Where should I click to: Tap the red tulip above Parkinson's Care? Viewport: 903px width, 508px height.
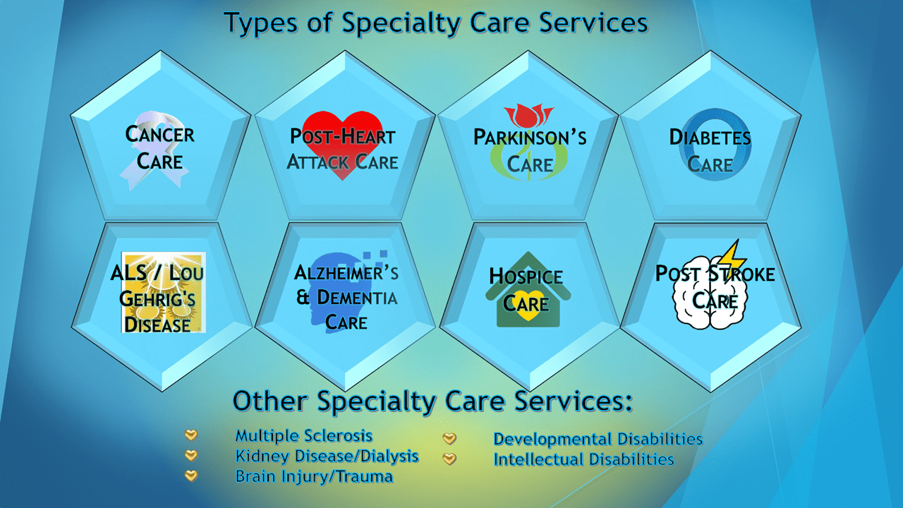click(x=528, y=115)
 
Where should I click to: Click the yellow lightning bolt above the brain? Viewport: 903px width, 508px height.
click(x=732, y=256)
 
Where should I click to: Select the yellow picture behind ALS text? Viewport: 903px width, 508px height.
click(x=163, y=292)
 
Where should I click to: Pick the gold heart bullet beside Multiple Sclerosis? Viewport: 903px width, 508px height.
click(x=191, y=435)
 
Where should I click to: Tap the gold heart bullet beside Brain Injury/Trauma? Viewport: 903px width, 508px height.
click(x=191, y=476)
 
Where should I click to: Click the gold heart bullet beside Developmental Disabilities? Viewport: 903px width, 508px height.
click(x=449, y=438)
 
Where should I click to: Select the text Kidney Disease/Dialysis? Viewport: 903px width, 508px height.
click(x=327, y=456)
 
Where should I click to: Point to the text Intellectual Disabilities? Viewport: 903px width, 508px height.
click(x=583, y=459)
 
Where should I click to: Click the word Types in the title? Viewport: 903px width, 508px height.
click(x=261, y=23)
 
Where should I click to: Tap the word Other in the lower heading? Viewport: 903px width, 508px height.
click(x=269, y=401)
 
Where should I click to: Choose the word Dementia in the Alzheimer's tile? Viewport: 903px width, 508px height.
click(x=357, y=298)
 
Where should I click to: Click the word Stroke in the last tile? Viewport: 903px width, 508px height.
click(x=741, y=274)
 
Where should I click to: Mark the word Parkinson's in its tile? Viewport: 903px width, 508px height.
click(x=530, y=137)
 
